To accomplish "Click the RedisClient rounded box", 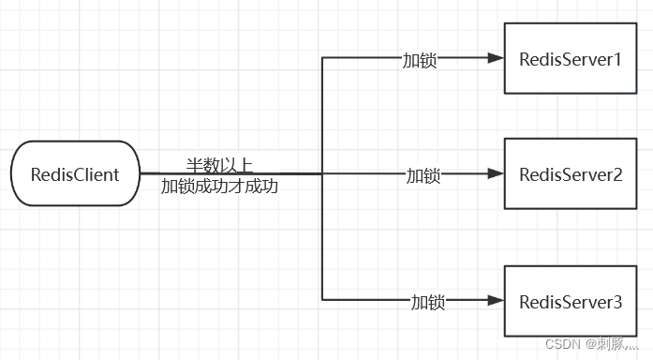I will [x=75, y=174].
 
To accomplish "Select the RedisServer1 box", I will [x=571, y=59].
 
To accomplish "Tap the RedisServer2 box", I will [x=571, y=174].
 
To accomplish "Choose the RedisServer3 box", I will [x=571, y=302].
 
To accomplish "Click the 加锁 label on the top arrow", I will [x=419, y=60].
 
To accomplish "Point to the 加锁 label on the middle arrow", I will [x=423, y=175].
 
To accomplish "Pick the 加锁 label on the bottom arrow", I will [x=428, y=302].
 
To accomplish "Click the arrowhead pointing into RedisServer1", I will [x=496, y=59].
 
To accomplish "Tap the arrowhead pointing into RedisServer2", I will [x=496, y=174].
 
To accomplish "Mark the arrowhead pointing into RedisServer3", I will [x=496, y=301].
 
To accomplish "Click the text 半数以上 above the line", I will [x=219, y=165].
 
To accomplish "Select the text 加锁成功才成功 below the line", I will [x=219, y=186].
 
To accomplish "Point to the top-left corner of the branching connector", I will [x=322, y=59].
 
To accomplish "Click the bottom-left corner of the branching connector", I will [x=322, y=301].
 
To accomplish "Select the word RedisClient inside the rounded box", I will [x=75, y=174].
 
